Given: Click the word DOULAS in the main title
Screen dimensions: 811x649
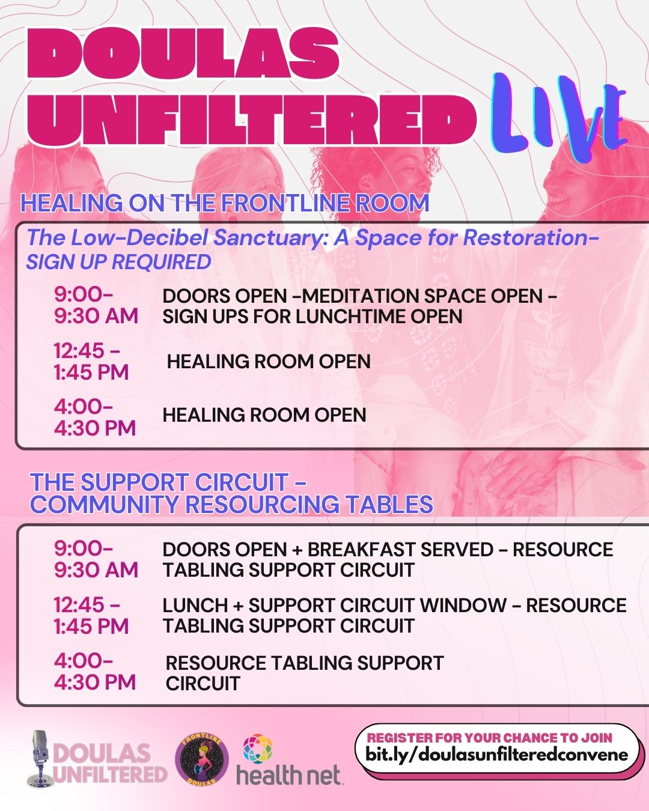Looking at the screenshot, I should (x=183, y=52).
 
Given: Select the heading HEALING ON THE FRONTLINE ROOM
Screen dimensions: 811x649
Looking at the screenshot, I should (x=225, y=203).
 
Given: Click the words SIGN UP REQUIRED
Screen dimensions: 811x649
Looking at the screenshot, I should (x=118, y=262).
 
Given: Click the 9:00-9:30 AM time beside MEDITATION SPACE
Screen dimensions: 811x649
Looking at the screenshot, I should (x=96, y=305).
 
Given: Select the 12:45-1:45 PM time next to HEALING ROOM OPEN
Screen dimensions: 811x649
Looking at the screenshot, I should (x=91, y=361).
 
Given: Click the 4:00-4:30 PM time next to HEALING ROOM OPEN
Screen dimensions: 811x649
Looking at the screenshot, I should (x=94, y=418).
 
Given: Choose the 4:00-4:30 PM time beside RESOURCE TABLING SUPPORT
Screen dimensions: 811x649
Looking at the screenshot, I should (x=94, y=672).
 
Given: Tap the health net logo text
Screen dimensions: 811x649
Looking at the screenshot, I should (x=288, y=775).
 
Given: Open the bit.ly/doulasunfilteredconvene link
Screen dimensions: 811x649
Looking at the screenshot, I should (x=496, y=755).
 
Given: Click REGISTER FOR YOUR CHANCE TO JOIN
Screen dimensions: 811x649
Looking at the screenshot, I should (x=489, y=738).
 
